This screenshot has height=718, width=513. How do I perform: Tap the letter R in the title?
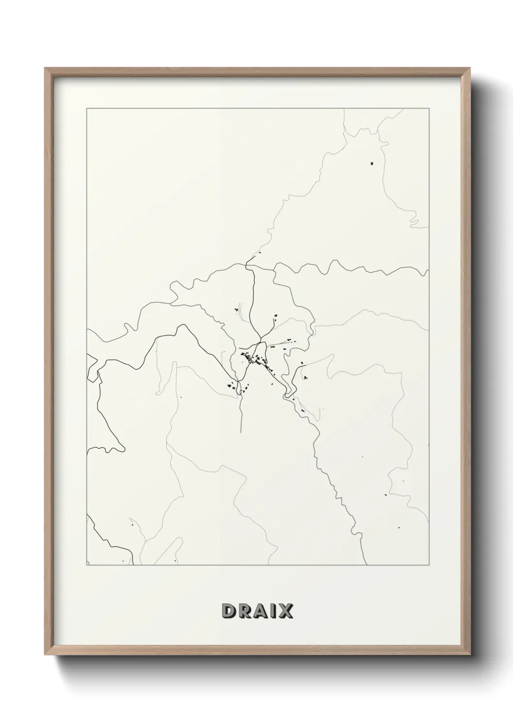[243, 611]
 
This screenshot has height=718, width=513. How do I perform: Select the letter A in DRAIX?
[260, 611]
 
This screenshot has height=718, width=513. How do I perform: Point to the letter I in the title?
[273, 611]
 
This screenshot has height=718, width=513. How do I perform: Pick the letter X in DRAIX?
[285, 611]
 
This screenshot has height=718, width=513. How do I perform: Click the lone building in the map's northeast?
[372, 163]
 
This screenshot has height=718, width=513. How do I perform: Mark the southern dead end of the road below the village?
[241, 430]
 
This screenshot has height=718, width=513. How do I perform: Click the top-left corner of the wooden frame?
[45, 68]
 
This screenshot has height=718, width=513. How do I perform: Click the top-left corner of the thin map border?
[87, 109]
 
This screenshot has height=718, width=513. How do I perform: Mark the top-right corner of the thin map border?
[429, 109]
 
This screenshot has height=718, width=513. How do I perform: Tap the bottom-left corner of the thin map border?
[87, 565]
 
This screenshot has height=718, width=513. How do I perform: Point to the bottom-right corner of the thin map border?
[429, 565]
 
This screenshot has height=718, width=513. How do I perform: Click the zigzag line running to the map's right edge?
[349, 267]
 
